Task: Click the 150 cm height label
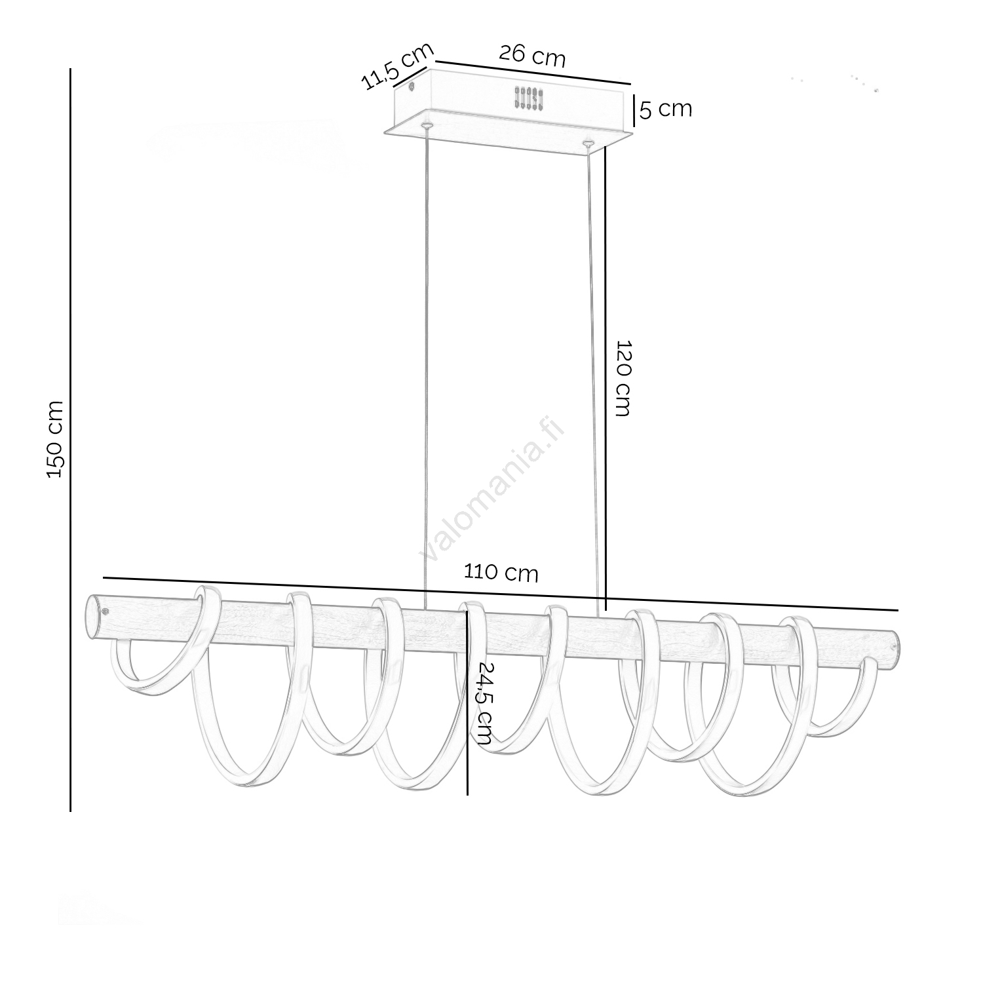tap(56, 439)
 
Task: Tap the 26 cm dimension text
tap(532, 55)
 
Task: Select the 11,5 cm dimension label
tap(398, 66)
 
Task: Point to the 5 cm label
tap(666, 109)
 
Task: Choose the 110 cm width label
tap(501, 572)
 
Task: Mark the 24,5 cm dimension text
tap(485, 703)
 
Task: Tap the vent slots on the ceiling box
tap(529, 98)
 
